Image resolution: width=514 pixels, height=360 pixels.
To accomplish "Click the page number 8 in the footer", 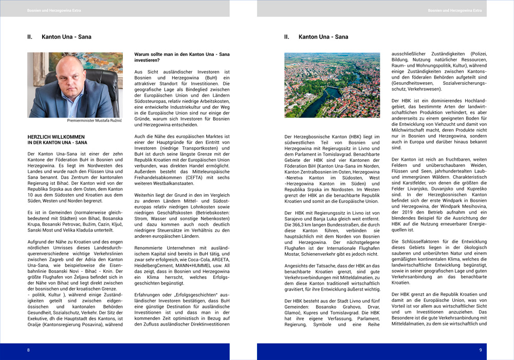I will pos(28,350).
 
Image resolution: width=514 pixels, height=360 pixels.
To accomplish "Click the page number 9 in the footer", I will pos(481,350).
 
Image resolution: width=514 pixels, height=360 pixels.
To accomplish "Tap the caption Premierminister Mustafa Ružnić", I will pos(95,121).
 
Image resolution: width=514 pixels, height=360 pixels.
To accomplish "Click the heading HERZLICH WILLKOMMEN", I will pos(56,137).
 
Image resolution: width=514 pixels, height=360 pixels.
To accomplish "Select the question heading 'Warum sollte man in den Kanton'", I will pos(181,54).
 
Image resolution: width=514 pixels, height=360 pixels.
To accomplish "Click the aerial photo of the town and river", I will pos(332,85).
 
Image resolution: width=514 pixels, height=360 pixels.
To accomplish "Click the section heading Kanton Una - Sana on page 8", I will pos(66,37).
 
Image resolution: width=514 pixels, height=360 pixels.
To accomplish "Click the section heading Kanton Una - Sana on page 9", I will pos(323,37).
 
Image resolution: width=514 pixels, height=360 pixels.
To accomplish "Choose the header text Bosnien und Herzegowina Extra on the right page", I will pos(455,10).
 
